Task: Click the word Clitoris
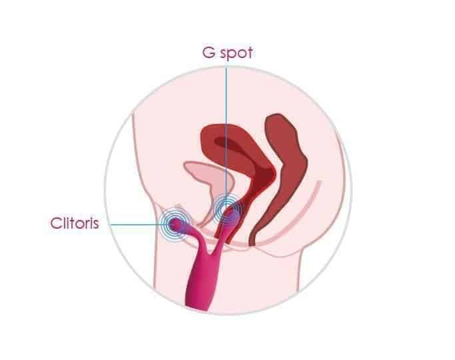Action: coord(75,223)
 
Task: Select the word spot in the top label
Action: coord(236,54)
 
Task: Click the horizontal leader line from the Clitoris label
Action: coord(137,225)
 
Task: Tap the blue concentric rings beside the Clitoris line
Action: coord(176,224)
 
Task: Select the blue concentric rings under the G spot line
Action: coord(228,209)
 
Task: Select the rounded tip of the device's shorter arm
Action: coord(176,223)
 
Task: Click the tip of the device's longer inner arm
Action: coord(229,212)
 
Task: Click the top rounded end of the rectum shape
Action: coord(278,117)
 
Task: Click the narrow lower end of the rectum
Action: coord(252,239)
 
